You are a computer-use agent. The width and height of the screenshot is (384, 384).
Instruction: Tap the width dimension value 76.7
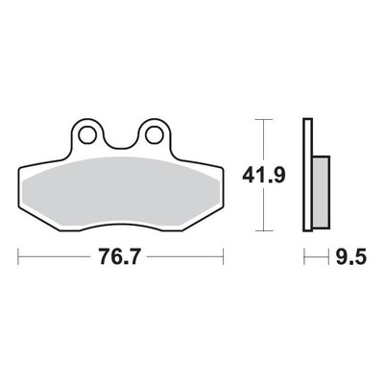click(120, 256)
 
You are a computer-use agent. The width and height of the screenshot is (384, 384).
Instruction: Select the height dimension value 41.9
click(263, 175)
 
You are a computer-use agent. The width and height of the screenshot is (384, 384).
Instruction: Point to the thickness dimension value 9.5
click(350, 256)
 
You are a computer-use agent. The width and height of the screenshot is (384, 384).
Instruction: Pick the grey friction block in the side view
click(322, 192)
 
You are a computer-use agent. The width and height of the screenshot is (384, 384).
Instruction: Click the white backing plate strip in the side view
click(307, 175)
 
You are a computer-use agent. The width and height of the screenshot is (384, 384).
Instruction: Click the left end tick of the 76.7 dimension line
click(18, 256)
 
